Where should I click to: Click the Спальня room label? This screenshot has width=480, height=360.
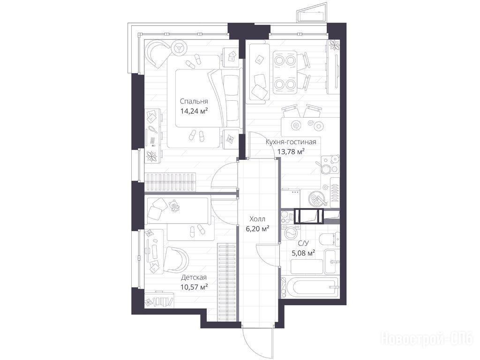pyautogui.click(x=194, y=101)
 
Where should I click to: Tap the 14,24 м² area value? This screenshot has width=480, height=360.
pyautogui.click(x=194, y=111)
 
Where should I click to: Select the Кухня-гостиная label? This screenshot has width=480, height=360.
pyautogui.click(x=291, y=142)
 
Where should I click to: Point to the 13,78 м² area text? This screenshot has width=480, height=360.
pyautogui.click(x=291, y=151)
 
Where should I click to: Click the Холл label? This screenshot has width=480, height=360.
pyautogui.click(x=257, y=219)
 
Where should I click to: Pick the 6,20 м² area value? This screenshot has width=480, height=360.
pyautogui.click(x=258, y=228)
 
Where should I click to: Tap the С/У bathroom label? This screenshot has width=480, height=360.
pyautogui.click(x=303, y=243)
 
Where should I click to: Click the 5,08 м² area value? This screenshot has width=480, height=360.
pyautogui.click(x=303, y=253)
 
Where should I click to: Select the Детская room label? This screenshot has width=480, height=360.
pyautogui.click(x=194, y=277)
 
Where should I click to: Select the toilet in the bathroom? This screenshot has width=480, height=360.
pyautogui.click(x=330, y=239)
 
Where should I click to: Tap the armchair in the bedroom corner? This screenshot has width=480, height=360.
pyautogui.click(x=157, y=54)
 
